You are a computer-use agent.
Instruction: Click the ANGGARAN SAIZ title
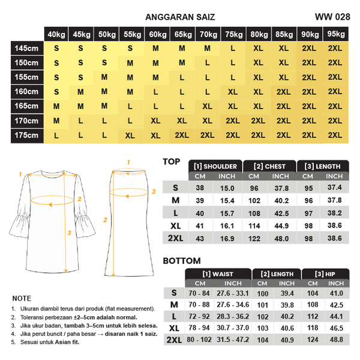coord(180,17)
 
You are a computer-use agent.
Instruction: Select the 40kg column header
coord(56,34)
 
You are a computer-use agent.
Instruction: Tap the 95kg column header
coord(335,34)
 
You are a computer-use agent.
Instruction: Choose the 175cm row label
coord(27,136)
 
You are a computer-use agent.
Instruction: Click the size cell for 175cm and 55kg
coord(130,136)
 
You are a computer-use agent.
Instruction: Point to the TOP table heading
coord(172,161)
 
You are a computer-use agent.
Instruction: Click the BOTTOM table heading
coord(181,261)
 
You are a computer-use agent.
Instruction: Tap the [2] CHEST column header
coord(269,166)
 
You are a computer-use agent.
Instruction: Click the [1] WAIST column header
coord(218,274)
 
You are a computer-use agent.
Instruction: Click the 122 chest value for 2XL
coord(254,239)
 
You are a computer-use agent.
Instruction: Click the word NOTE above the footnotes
coord(21,298)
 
